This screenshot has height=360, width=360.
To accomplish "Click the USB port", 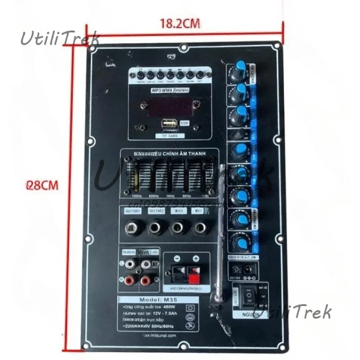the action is pyautogui.click(x=170, y=123).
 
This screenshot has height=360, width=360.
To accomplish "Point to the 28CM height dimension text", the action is pyautogui.click(x=42, y=185).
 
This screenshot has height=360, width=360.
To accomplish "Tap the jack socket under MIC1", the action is pyautogui.click(x=178, y=228).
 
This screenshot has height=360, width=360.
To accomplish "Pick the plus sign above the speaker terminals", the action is pyautogui.click(x=196, y=259).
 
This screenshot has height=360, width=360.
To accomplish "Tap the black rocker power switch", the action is pyautogui.click(x=247, y=297).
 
